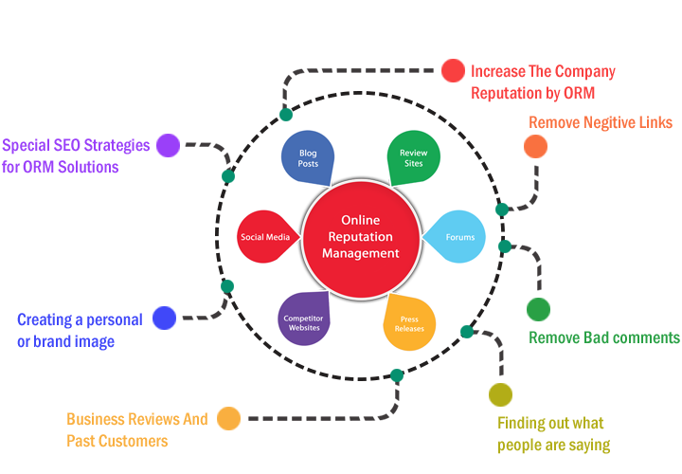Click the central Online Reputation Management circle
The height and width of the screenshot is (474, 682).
pos(360,237)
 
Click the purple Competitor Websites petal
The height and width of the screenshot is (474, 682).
pos(304,319)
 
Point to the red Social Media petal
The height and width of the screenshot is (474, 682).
pos(266,237)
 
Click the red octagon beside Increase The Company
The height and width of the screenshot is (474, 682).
pos(453,71)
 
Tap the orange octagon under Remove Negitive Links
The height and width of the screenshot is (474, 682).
pos(535,146)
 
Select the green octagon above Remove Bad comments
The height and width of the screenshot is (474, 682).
pos(538,309)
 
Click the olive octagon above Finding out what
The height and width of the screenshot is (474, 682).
pos(500,393)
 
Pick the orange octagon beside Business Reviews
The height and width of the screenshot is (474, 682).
pos(228,418)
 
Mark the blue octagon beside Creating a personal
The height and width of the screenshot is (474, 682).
pos(165,319)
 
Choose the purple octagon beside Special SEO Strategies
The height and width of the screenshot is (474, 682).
pos(168,145)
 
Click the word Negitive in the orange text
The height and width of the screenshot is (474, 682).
pos(609,122)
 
